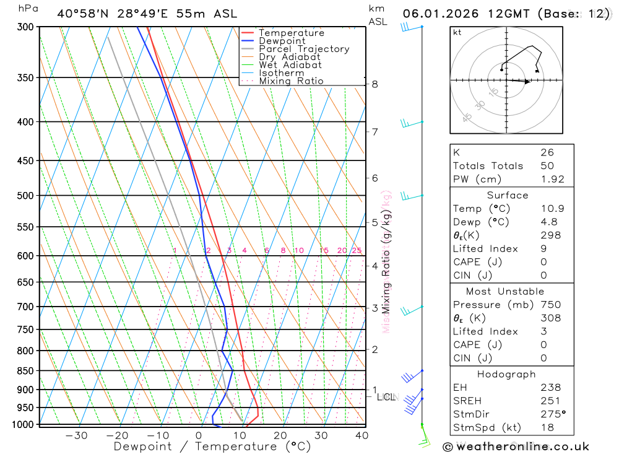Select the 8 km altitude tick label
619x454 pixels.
tap(374, 84)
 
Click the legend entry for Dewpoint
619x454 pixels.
tap(282, 41)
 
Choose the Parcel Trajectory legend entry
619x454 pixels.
tap(303, 49)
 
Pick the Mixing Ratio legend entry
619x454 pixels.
tap(291, 81)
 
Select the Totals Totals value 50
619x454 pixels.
tap(547, 166)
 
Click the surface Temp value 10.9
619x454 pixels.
tap(552, 209)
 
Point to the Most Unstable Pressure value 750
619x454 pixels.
tap(550, 305)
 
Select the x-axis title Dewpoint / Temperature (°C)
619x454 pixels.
tap(212, 447)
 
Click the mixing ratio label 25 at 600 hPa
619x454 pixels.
tap(357, 250)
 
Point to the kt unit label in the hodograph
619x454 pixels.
tap(457, 32)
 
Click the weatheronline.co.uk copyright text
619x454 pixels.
tap(516, 447)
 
